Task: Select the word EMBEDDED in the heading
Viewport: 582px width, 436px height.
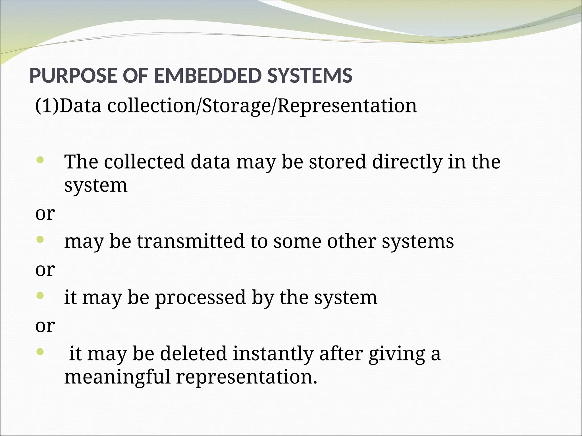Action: pyautogui.click(x=207, y=76)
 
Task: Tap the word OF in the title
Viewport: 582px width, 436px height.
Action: pyautogui.click(x=135, y=76)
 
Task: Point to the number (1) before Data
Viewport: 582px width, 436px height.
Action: pyautogui.click(x=47, y=106)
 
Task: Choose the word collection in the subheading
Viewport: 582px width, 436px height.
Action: pyautogui.click(x=151, y=106)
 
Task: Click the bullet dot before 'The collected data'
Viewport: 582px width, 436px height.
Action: pyautogui.click(x=40, y=160)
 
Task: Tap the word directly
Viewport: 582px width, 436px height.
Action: pyautogui.click(x=407, y=162)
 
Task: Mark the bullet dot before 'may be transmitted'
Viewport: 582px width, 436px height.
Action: pyautogui.click(x=40, y=240)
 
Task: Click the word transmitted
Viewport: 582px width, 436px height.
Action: pyautogui.click(x=191, y=241)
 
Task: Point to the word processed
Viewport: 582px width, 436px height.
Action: pyautogui.click(x=200, y=298)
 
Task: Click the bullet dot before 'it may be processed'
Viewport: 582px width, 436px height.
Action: pyautogui.click(x=40, y=296)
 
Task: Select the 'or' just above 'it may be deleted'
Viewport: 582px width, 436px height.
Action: pyautogui.click(x=45, y=326)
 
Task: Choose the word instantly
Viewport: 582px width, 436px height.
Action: pyautogui.click(x=273, y=354)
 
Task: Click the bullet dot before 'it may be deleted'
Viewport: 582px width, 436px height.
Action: pyautogui.click(x=40, y=352)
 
